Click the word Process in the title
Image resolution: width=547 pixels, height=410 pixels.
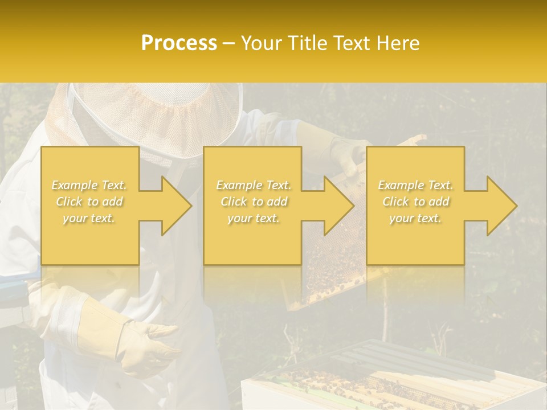pyautogui.click(x=179, y=43)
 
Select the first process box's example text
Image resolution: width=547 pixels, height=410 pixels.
pyautogui.click(x=89, y=202)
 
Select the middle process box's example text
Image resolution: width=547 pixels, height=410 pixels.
pyautogui.click(x=254, y=202)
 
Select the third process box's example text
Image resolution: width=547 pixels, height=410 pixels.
pyautogui.click(x=415, y=202)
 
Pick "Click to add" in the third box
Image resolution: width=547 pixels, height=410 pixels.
pyautogui.click(x=415, y=202)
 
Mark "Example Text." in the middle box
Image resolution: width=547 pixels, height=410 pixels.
pyautogui.click(x=254, y=185)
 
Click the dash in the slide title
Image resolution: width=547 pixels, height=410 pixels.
pyautogui.click(x=228, y=44)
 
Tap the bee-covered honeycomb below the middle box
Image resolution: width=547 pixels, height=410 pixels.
pyautogui.click(x=328, y=279)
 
